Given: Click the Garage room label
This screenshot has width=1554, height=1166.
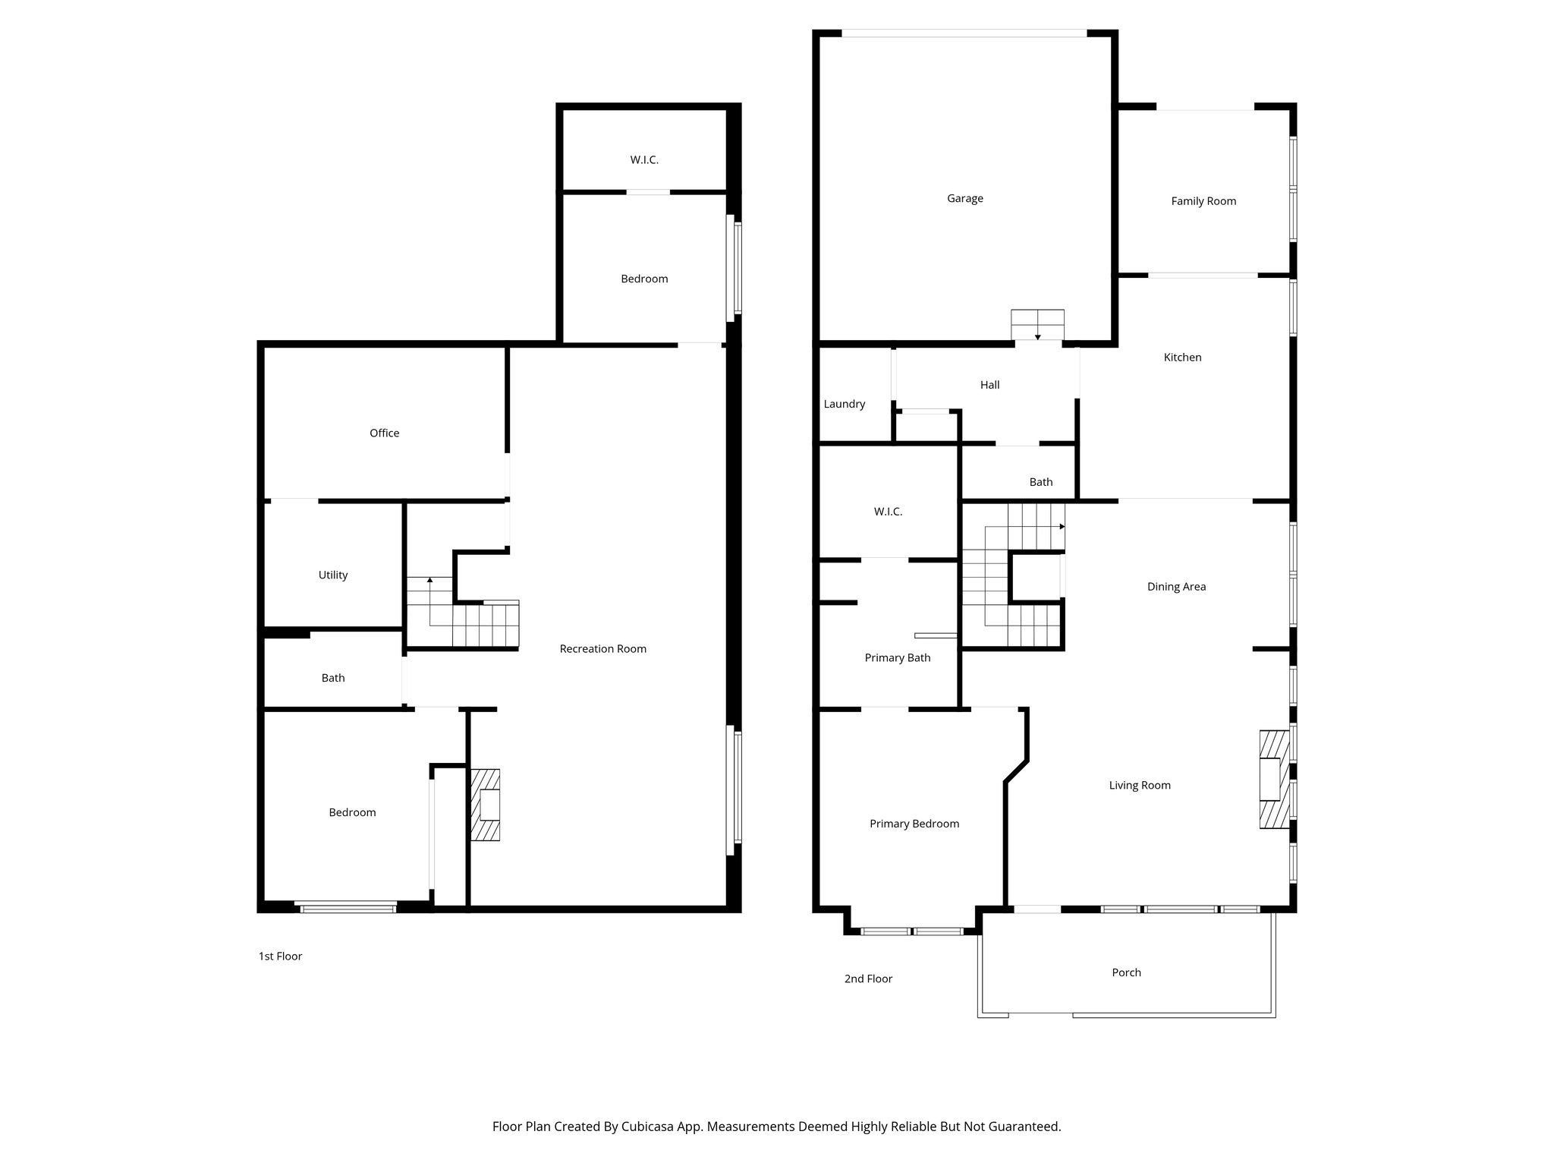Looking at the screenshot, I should [964, 198].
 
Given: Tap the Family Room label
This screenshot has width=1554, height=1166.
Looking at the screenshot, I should [1203, 201].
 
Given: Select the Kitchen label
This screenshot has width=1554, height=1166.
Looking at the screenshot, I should [1182, 358].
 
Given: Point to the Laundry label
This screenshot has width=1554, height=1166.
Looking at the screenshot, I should [844, 404].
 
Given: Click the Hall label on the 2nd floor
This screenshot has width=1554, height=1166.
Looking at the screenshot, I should [989, 385].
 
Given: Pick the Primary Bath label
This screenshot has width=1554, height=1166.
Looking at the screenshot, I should [897, 658].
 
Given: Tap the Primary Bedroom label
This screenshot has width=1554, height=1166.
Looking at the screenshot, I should [914, 824].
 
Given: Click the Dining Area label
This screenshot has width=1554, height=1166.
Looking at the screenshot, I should [1175, 587].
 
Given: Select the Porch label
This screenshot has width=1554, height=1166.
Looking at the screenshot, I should [1126, 972].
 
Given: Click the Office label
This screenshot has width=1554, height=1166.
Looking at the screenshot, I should [384, 433].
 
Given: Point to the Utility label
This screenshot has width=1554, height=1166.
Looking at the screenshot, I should [332, 575].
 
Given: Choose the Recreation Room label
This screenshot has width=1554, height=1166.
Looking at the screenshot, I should [602, 649].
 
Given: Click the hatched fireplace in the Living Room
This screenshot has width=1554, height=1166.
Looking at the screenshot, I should [1273, 779].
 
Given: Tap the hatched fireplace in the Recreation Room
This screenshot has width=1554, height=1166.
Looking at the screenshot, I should [486, 805].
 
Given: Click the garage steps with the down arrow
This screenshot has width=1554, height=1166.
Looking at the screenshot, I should [1037, 324].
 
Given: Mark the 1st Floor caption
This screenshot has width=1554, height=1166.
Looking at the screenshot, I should [280, 956].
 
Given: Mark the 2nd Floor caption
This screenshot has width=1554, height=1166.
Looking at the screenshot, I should [868, 979].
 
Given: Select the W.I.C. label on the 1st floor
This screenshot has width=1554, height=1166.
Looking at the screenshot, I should [643, 160].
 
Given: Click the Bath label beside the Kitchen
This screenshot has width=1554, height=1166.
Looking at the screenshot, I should [1040, 482].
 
